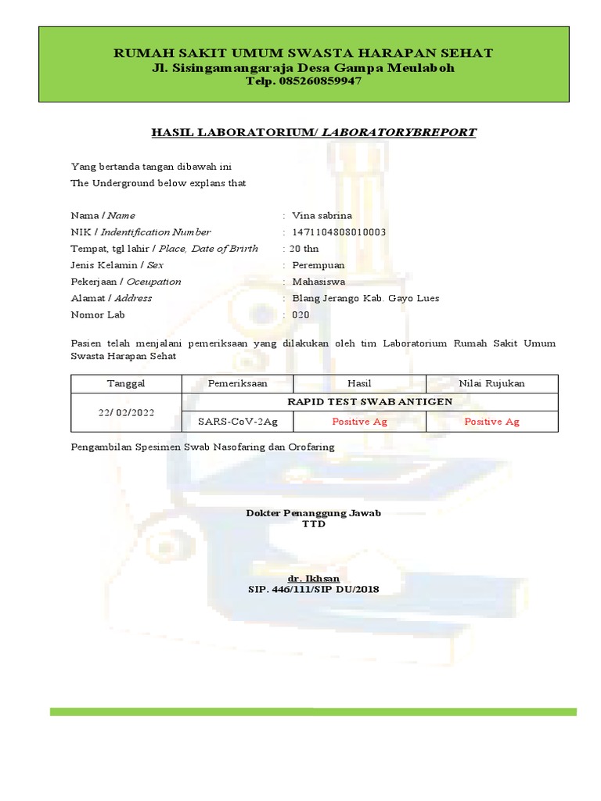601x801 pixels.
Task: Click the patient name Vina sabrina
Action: pos(322,215)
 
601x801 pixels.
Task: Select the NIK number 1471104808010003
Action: pos(339,232)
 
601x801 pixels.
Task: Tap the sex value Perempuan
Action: pos(318,265)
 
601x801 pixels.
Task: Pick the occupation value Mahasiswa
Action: pos(318,282)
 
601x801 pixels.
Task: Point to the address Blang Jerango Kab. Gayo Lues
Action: pos(365,298)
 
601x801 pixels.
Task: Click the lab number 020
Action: pos(300,314)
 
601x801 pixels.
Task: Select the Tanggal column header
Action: pos(126,383)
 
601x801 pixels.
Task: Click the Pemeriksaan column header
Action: pos(238,383)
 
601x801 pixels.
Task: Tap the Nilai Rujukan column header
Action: pos(492,383)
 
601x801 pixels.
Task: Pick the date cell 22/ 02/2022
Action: pos(126,412)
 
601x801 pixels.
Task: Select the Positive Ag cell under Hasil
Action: pos(359,422)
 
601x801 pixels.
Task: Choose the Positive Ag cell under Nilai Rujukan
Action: pos(492,422)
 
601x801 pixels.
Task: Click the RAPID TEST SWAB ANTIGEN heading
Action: pos(370,402)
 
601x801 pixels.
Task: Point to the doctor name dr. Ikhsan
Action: pos(313,578)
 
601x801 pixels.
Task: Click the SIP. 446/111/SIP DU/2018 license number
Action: pos(313,589)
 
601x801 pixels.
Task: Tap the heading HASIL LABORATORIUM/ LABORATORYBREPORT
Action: pos(313,132)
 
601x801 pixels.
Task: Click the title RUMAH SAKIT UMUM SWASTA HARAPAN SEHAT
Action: pos(304,53)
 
